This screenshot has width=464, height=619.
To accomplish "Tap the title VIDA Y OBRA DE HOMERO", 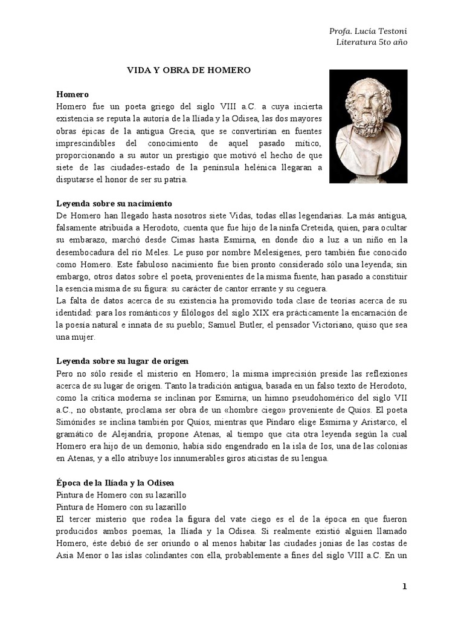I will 188,71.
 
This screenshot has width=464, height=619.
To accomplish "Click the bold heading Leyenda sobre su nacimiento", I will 114,203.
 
